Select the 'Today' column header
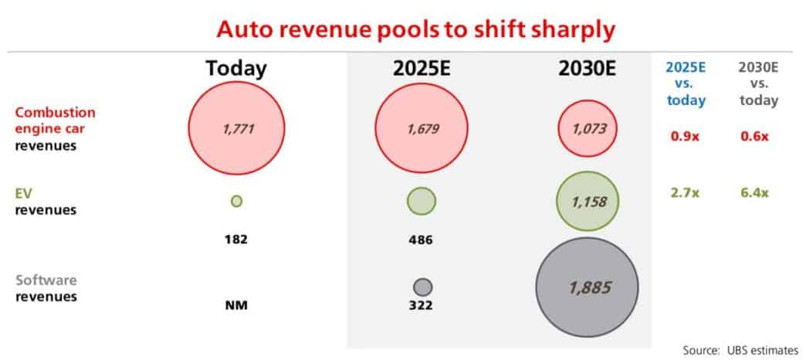[x=236, y=69]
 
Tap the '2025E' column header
[x=422, y=69]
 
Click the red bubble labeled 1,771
[x=236, y=129]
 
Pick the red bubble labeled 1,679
[x=422, y=129]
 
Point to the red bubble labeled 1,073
[x=586, y=129]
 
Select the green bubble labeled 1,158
[x=586, y=201]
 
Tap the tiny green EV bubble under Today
[x=236, y=201]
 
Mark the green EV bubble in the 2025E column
[x=422, y=201]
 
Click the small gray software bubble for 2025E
[x=422, y=287]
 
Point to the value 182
[x=236, y=239]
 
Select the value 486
[x=422, y=239]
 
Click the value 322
[x=422, y=306]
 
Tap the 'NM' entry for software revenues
[x=236, y=305]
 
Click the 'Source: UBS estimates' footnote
[x=740, y=350]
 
